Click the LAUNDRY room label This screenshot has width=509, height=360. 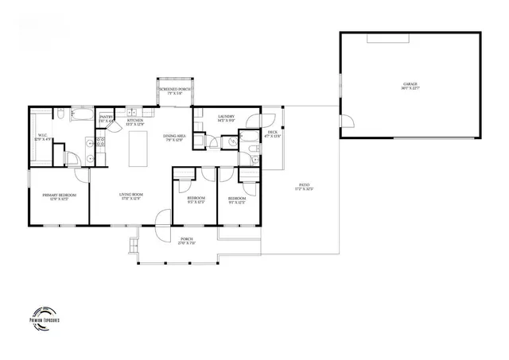tap(227, 118)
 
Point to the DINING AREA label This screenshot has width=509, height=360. tap(174, 137)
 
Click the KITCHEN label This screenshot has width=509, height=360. tap(135, 122)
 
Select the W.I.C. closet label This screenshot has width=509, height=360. tap(44, 137)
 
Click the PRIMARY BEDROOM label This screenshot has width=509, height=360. tap(59, 196)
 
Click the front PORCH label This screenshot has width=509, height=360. tap(187, 241)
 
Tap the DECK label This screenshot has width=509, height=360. tap(272, 134)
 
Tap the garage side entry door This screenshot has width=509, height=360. tap(348, 121)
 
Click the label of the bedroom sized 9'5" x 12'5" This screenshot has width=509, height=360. tap(195, 199)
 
